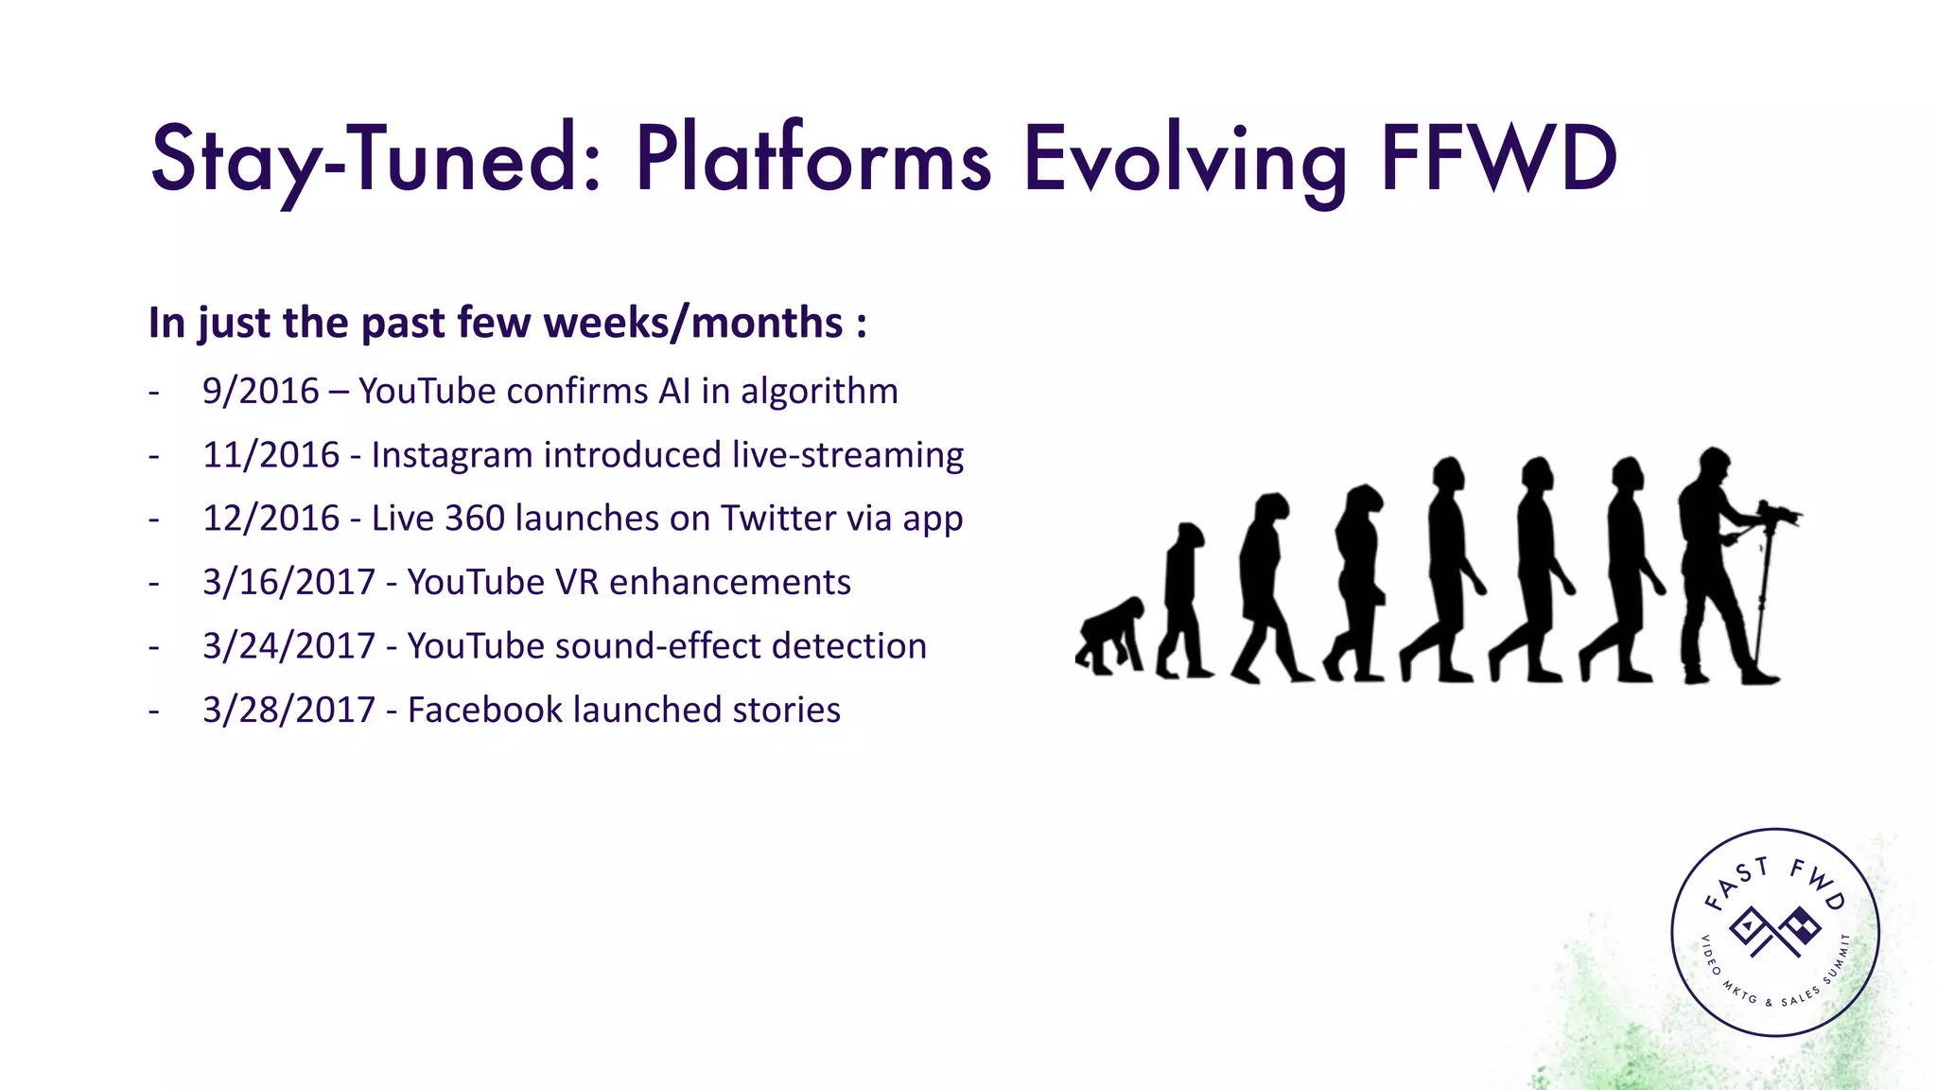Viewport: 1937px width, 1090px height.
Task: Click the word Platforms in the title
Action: click(813, 159)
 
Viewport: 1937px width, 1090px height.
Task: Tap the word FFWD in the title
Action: click(1499, 159)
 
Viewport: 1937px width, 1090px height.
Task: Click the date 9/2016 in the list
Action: click(261, 392)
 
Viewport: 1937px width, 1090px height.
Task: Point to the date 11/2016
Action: click(270, 455)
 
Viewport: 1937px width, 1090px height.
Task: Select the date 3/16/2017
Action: click(288, 582)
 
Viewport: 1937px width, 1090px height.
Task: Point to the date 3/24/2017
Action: click(288, 646)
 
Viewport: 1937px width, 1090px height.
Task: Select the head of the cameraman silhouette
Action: click(1713, 466)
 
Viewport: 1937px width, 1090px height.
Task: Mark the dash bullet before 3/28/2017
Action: click(154, 711)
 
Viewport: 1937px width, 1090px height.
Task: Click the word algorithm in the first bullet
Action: click(819, 392)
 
